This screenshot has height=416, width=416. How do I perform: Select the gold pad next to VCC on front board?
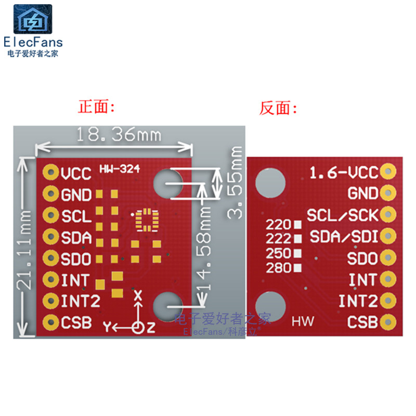[51, 172]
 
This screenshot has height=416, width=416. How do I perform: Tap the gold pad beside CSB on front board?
[51, 322]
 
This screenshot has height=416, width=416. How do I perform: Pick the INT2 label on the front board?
[80, 301]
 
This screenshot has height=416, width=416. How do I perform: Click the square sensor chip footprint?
[146, 219]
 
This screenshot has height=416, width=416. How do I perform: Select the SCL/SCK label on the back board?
[342, 215]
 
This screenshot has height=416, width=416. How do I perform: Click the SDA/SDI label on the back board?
[344, 237]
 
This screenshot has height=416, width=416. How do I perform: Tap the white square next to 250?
[298, 253]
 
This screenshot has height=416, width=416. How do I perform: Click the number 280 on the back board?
[278, 268]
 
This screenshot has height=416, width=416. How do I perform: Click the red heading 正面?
[96, 108]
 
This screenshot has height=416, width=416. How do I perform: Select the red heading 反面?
[278, 108]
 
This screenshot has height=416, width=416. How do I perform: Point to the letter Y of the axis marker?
[108, 327]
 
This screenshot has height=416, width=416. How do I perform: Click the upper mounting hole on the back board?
[271, 181]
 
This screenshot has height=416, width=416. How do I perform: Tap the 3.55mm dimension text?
[236, 182]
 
